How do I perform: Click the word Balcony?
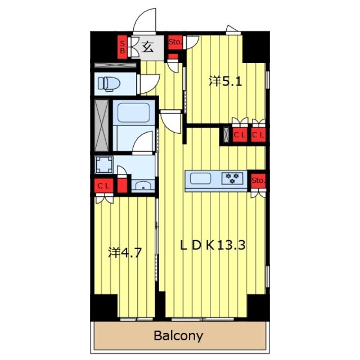tap(178, 336)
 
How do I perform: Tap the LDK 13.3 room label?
tap(213, 245)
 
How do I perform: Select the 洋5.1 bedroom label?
tap(226, 81)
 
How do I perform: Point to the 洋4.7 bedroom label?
tap(124, 253)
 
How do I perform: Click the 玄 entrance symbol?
tap(147, 47)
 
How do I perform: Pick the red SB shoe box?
tap(123, 47)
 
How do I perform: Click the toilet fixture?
tap(109, 84)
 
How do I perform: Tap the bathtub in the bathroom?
tap(133, 113)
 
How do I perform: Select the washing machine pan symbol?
tap(104, 164)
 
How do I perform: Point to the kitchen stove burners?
tap(232, 178)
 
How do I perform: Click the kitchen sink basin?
tap(200, 178)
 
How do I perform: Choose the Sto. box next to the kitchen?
tap(258, 180)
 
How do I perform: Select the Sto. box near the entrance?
tap(175, 42)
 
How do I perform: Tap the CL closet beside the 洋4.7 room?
tap(103, 186)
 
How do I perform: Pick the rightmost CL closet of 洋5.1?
tap(258, 135)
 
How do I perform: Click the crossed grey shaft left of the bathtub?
tap(101, 125)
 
